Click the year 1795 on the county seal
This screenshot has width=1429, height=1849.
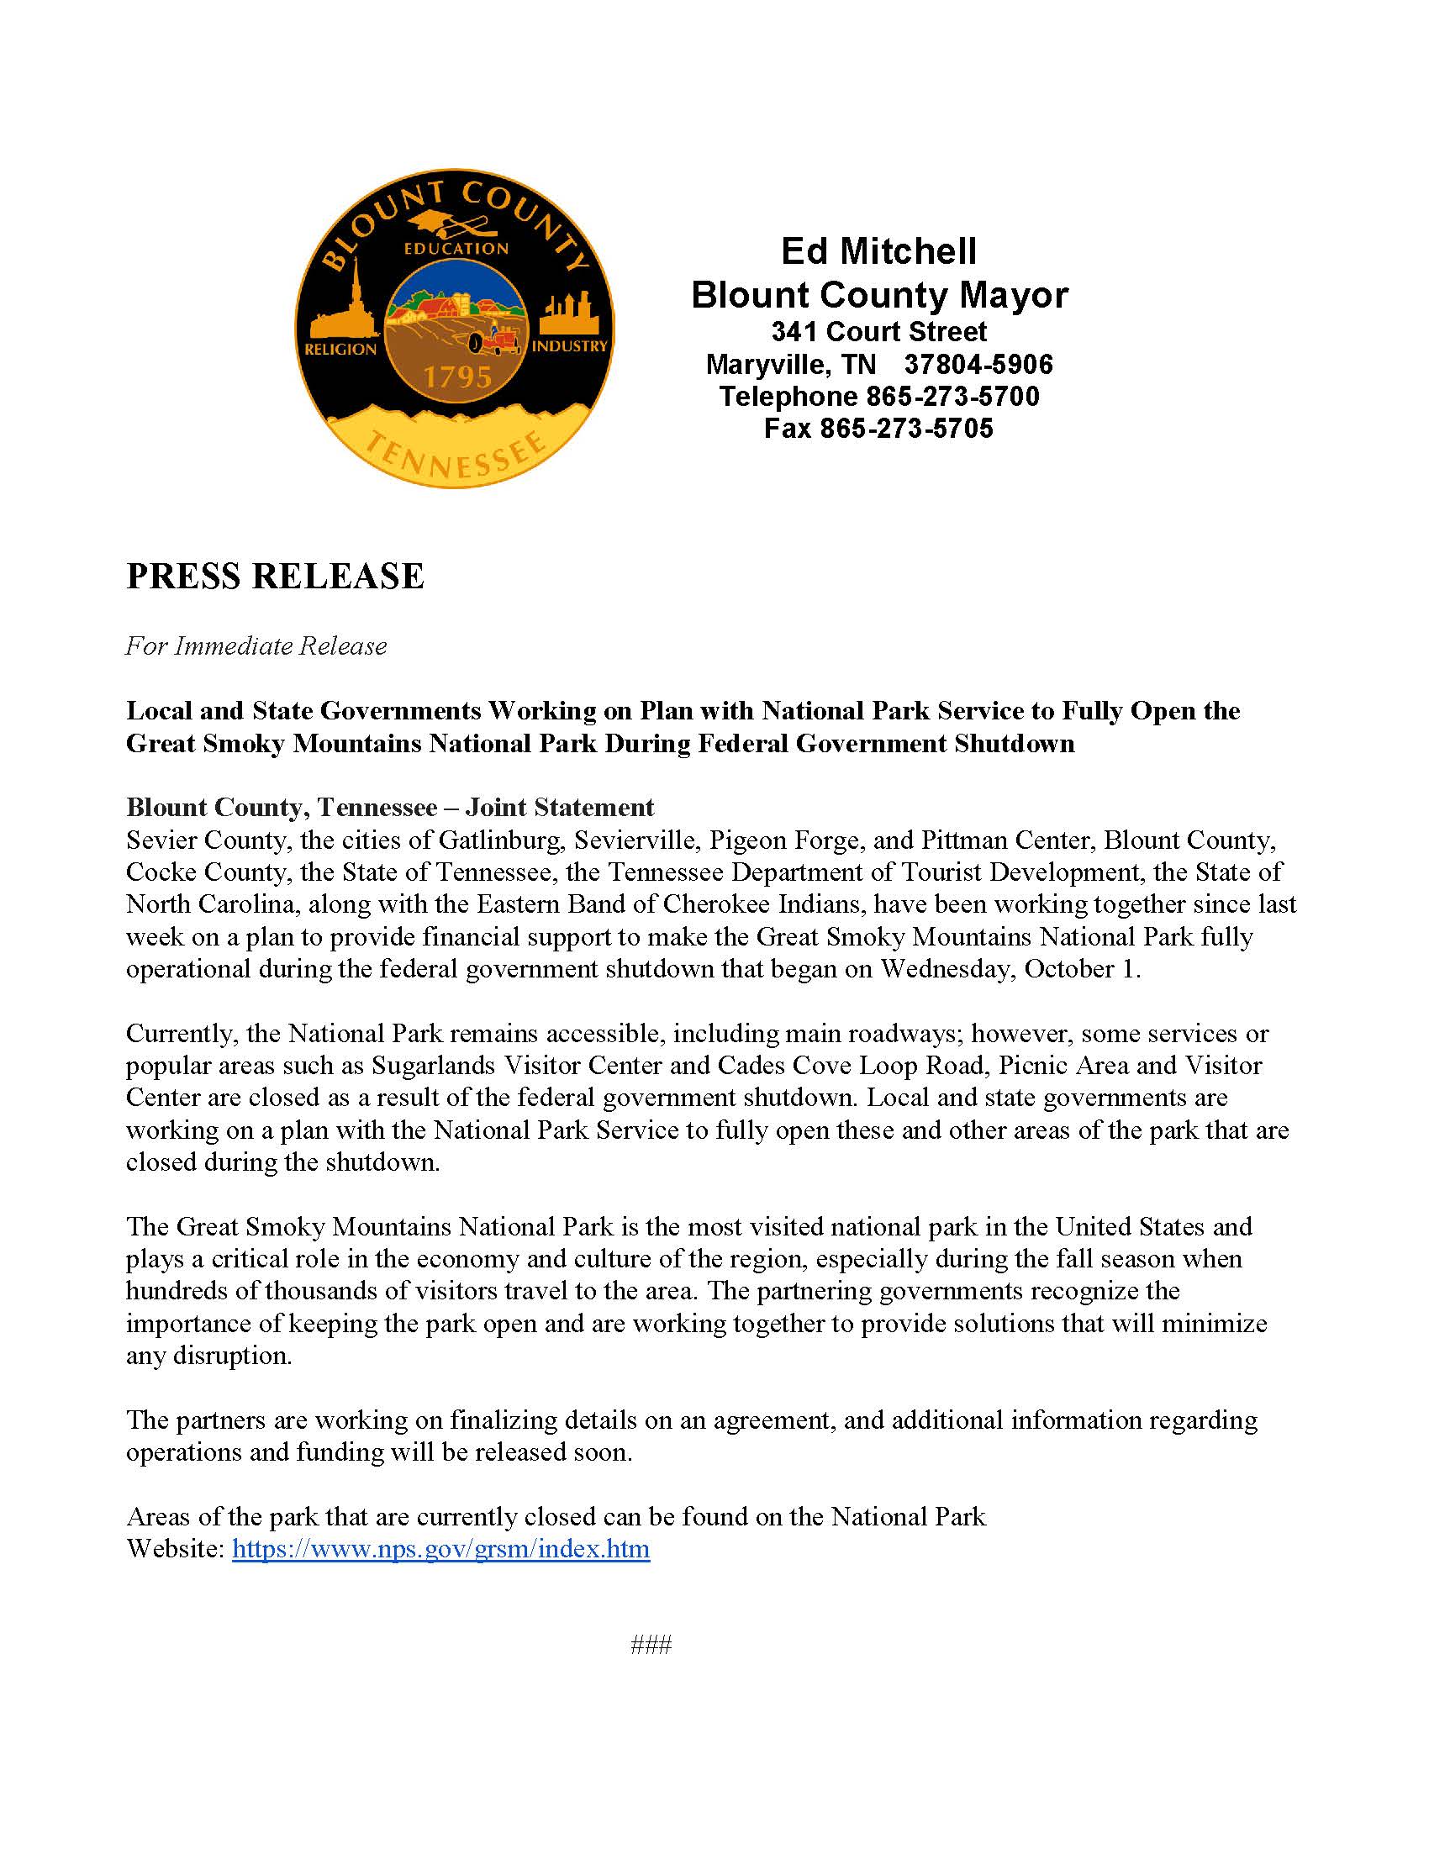click(457, 376)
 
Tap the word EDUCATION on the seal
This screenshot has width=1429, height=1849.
click(456, 248)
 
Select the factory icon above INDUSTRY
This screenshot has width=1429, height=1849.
click(570, 313)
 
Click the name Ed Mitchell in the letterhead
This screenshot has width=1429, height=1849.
click(878, 250)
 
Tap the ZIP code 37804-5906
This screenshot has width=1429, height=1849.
click(978, 364)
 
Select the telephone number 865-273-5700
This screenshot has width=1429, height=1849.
click(952, 396)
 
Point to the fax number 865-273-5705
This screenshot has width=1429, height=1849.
click(906, 429)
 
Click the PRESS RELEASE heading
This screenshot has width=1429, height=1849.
click(275, 576)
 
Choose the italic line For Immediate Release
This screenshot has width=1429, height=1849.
click(256, 646)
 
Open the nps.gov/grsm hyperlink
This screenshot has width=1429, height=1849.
click(440, 1548)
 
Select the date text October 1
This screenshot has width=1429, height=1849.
click(1081, 968)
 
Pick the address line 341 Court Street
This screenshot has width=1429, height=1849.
click(878, 331)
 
